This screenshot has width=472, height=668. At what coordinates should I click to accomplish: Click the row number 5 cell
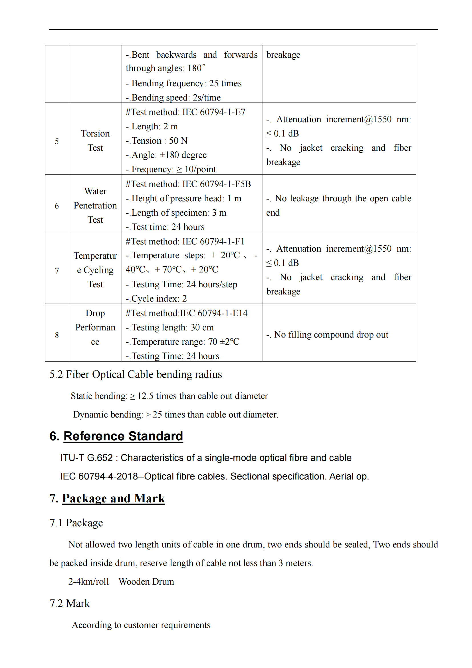tap(57, 141)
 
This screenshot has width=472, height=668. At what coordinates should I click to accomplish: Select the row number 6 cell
tap(57, 206)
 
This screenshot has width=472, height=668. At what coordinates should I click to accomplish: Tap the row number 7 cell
tap(57, 270)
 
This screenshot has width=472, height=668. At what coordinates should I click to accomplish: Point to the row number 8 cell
tap(57, 335)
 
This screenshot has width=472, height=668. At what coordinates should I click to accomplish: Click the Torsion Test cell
tap(95, 141)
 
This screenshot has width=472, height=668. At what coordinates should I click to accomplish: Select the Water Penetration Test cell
tap(95, 205)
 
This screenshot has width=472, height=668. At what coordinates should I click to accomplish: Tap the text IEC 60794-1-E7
tap(214, 112)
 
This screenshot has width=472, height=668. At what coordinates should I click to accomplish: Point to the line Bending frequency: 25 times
tap(184, 83)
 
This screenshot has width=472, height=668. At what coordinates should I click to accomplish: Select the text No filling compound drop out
tap(331, 335)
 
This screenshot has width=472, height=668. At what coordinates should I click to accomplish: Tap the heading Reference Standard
tap(123, 436)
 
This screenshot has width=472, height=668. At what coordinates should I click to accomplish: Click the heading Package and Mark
tap(113, 498)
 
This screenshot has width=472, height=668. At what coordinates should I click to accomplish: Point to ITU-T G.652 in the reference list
tap(86, 458)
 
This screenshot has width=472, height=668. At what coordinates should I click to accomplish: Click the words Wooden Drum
tap(146, 581)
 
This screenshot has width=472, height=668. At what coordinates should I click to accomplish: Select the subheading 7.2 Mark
tap(70, 603)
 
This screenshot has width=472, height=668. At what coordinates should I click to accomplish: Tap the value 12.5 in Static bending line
tap(145, 396)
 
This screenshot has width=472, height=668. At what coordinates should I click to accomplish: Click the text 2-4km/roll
tap(88, 581)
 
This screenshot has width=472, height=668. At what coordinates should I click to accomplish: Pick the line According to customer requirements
tap(141, 625)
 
